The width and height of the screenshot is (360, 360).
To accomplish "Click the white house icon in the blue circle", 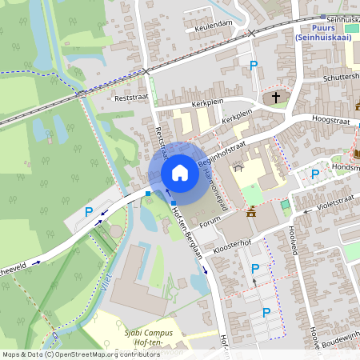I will click(180, 173).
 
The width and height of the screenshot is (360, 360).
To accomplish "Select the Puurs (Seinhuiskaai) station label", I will click(326, 33).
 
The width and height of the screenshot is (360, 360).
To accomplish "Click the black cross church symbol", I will click(276, 98).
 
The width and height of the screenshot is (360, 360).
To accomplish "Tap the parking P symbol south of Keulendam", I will click(254, 66).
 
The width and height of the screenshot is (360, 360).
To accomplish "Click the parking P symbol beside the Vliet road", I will click(89, 212).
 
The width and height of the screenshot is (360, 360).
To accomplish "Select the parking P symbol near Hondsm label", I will click(315, 174).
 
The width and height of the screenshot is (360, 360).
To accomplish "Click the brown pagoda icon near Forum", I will click(252, 212).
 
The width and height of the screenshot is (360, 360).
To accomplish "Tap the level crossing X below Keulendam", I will click(252, 33).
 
